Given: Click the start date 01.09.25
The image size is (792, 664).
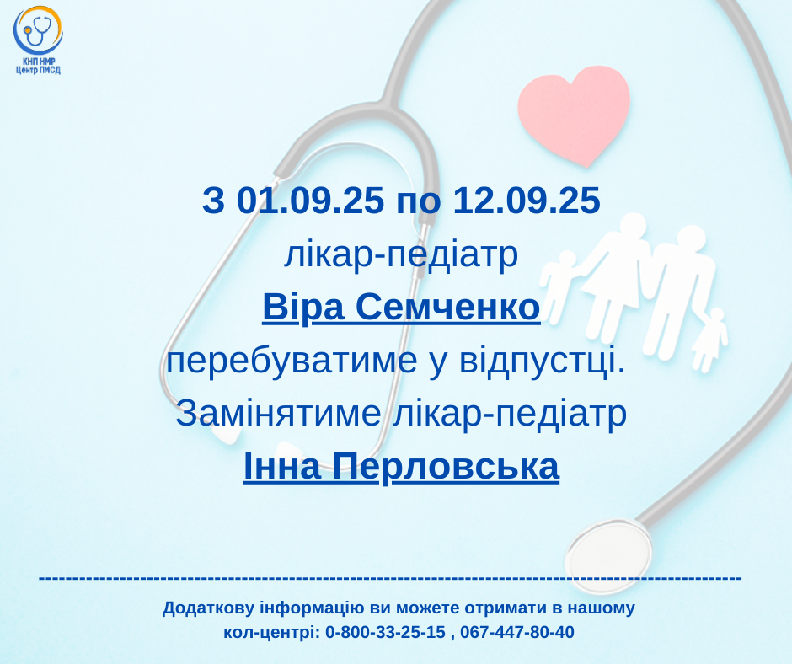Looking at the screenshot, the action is pyautogui.click(x=310, y=200).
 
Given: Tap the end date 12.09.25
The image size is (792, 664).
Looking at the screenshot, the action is pyautogui.click(x=527, y=200).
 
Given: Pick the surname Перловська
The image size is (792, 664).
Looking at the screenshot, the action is pyautogui.click(x=446, y=467).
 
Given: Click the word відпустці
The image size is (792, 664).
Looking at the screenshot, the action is pyautogui.click(x=542, y=361).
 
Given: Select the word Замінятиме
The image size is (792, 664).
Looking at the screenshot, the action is pyautogui.click(x=278, y=414).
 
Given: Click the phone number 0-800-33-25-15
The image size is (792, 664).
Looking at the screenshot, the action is pyautogui.click(x=385, y=632).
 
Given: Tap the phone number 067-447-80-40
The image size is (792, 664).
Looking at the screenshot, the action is pyautogui.click(x=517, y=632).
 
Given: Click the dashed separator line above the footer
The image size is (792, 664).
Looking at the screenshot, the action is pyautogui.click(x=390, y=577).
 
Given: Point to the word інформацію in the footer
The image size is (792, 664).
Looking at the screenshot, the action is pyautogui.click(x=312, y=608).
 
